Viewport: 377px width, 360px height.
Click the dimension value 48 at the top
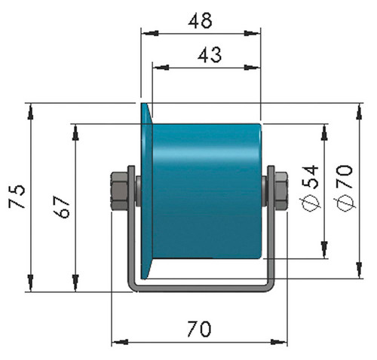pyautogui.click(x=200, y=21)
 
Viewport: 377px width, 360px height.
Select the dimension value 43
pyautogui.click(x=210, y=55)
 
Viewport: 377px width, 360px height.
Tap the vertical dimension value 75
pyautogui.click(x=17, y=197)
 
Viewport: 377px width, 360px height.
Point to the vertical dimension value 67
pyautogui.click(x=61, y=207)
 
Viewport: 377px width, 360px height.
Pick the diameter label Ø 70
pyautogui.click(x=345, y=188)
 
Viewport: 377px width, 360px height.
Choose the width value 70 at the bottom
pyautogui.click(x=199, y=329)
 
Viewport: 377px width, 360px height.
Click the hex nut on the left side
pyautogui.click(x=120, y=191)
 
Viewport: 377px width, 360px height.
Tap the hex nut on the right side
pyautogui.click(x=281, y=191)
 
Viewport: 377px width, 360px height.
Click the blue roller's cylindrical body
pyautogui.click(x=207, y=191)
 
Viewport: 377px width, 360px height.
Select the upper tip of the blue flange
pyautogui.click(x=143, y=104)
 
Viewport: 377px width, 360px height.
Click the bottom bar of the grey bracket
pyautogui.click(x=201, y=288)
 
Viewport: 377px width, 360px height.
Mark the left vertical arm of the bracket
pyautogui.click(x=131, y=226)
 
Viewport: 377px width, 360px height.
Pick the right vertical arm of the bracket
pyautogui.click(x=271, y=226)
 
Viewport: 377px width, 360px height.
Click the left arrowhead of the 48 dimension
pyautogui.click(x=150, y=33)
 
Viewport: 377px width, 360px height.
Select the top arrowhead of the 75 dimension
pyautogui.click(x=30, y=111)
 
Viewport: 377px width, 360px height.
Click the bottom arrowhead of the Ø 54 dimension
pyautogui.click(x=324, y=249)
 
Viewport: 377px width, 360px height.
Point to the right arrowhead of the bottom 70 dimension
pyautogui.click(x=278, y=342)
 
